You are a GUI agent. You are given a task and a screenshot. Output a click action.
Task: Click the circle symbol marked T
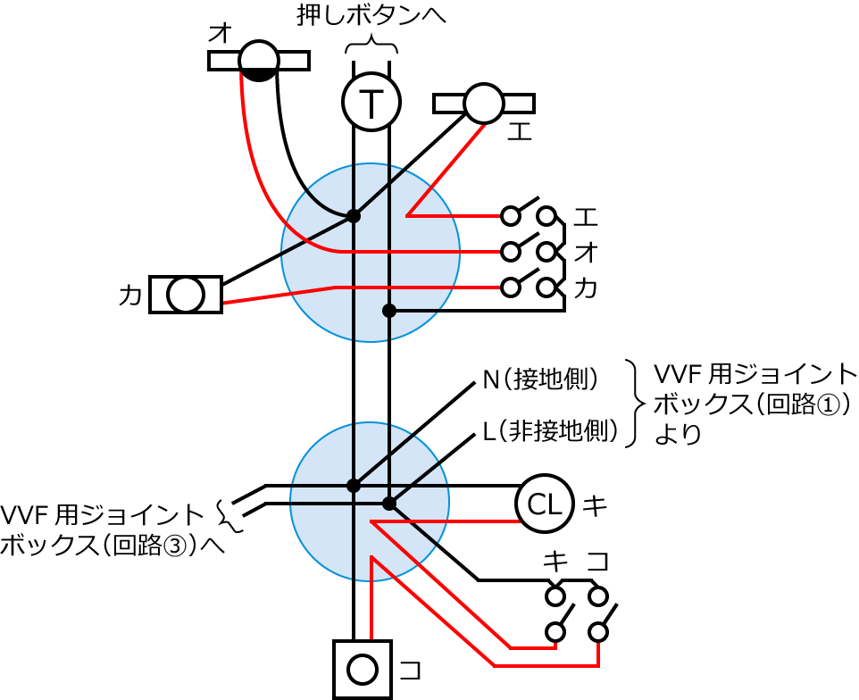click(x=370, y=101)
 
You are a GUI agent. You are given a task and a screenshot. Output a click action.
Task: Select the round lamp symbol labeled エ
click(x=485, y=103)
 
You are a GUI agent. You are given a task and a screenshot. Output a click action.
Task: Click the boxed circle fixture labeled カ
click(x=186, y=295)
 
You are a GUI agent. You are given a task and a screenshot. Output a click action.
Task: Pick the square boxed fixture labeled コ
click(x=363, y=668)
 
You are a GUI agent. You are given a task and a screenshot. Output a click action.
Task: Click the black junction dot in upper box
click(x=354, y=216)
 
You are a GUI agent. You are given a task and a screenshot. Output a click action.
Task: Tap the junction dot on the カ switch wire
click(x=388, y=311)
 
